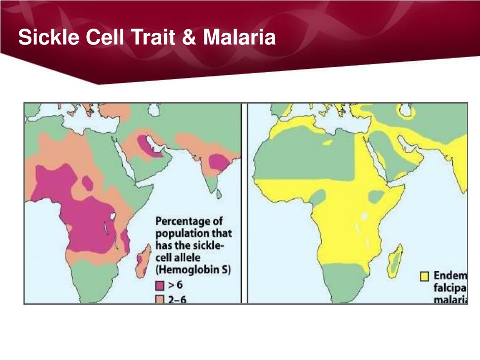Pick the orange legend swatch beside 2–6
160,300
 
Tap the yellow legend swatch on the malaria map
424,277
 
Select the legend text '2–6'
177,300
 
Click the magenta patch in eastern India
217,162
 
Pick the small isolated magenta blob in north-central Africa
88,182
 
